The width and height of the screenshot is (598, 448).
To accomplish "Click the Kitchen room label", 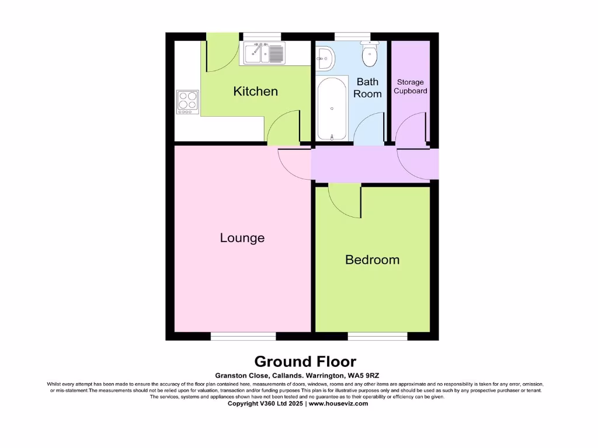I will [255, 92].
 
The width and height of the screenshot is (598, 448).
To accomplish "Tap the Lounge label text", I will [242, 238].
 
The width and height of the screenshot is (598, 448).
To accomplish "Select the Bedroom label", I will [372, 260].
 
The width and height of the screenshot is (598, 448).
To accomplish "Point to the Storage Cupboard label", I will [410, 86].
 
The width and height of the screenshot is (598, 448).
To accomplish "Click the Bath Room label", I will [367, 87].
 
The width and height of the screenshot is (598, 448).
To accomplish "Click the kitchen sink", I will [263, 54].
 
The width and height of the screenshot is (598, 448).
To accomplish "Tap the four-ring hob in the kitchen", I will [187, 101].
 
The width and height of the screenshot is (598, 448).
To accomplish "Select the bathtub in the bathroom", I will [332, 109].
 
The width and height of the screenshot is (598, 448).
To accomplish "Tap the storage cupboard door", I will [412, 128].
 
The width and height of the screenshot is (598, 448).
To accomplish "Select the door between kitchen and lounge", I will [283, 128].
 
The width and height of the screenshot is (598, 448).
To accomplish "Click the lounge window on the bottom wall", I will [243, 336].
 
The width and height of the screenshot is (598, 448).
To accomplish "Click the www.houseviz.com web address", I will [338, 403].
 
